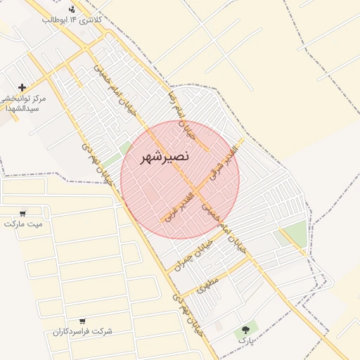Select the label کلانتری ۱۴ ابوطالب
point(73,20)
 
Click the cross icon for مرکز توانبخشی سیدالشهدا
point(22,88)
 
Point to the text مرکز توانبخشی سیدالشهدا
point(24,104)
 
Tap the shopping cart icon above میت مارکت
point(22,213)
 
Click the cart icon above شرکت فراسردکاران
point(83,321)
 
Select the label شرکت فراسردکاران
point(83,331)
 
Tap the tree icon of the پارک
point(245,329)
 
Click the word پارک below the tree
point(245,340)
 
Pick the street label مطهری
point(209,285)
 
